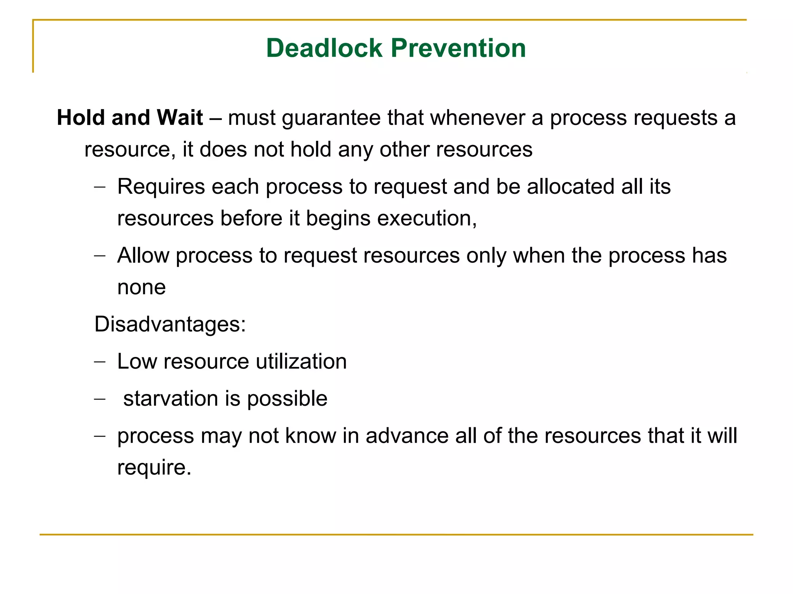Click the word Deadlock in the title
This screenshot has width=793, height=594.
pyautogui.click(x=324, y=48)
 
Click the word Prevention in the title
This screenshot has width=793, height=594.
pyautogui.click(x=458, y=48)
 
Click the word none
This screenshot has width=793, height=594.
pyautogui.click(x=141, y=288)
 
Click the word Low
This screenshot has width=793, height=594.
pyautogui.click(x=137, y=362)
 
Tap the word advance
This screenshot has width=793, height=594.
pyautogui.click(x=407, y=436)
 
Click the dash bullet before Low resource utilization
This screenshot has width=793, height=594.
pyautogui.click(x=100, y=362)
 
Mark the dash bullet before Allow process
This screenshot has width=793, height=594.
pyautogui.click(x=100, y=256)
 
